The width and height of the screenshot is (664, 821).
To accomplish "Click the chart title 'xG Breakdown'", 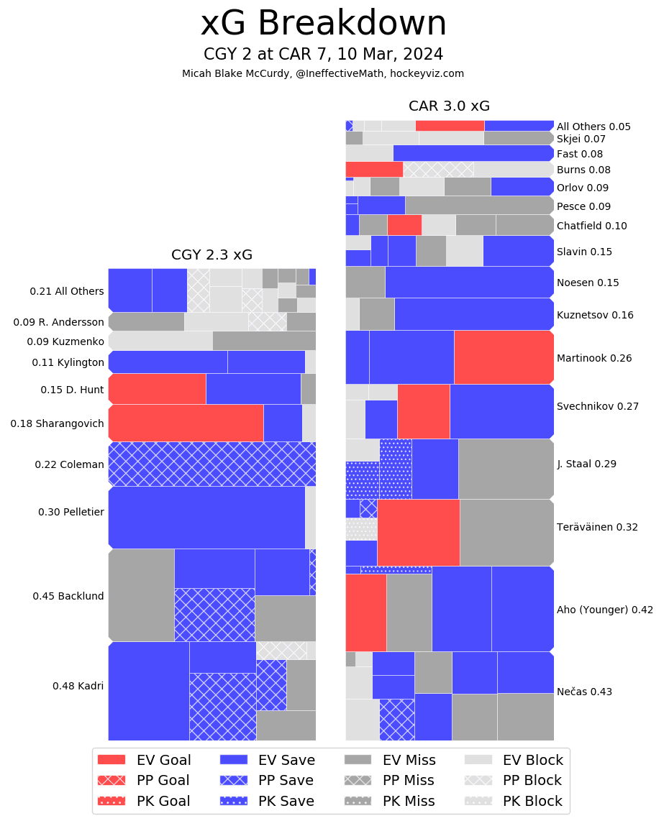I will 323,24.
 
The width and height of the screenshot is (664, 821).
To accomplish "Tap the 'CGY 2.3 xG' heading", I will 212,254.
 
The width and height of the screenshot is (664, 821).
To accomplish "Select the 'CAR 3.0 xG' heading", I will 449,106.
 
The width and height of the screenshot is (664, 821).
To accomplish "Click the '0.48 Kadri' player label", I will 78,686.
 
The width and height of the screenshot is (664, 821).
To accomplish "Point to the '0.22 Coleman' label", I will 69,464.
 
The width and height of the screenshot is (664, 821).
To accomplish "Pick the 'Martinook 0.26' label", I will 594,358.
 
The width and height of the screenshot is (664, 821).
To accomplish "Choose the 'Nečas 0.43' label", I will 584,692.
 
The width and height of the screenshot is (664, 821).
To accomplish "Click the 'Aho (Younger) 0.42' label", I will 604,610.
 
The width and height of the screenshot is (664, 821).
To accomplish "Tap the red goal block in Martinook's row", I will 503,357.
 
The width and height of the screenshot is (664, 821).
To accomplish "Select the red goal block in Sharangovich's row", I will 186,423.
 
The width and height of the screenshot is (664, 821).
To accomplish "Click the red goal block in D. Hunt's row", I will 157,389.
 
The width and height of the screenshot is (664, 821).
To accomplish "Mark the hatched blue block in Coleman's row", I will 212,464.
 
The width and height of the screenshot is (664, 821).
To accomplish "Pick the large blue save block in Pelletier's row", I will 206,518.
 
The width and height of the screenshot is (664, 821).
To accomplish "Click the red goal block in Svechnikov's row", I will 423,411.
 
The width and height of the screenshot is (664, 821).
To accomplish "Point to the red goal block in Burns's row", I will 373,169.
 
